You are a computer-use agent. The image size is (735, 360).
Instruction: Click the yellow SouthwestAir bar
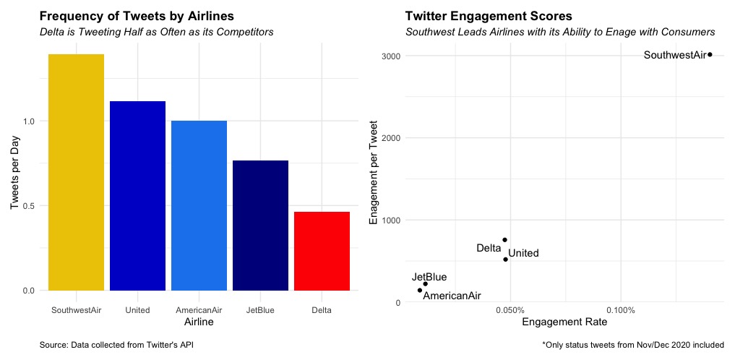76,172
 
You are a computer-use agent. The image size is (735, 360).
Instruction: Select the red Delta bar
322,251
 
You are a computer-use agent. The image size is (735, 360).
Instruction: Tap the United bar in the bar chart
137,195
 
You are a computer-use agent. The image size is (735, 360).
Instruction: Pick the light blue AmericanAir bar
199,205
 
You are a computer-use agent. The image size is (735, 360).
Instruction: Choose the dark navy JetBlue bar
260,225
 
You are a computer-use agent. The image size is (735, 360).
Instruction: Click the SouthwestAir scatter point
710,54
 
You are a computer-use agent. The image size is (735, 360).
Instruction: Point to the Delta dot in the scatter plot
504,240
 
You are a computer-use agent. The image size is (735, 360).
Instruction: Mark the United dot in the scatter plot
505,259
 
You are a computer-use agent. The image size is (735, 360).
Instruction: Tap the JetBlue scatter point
425,284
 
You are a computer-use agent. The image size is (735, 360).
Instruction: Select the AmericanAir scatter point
419,291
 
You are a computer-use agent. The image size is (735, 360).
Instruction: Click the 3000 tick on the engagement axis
391,56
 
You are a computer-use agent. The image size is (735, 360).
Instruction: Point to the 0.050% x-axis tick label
510,310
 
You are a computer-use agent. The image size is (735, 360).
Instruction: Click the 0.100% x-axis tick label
620,310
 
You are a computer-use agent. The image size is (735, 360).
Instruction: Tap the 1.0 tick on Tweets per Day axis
29,121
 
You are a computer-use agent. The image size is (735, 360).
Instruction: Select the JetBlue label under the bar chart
260,310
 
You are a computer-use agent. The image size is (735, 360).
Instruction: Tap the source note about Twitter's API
116,345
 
